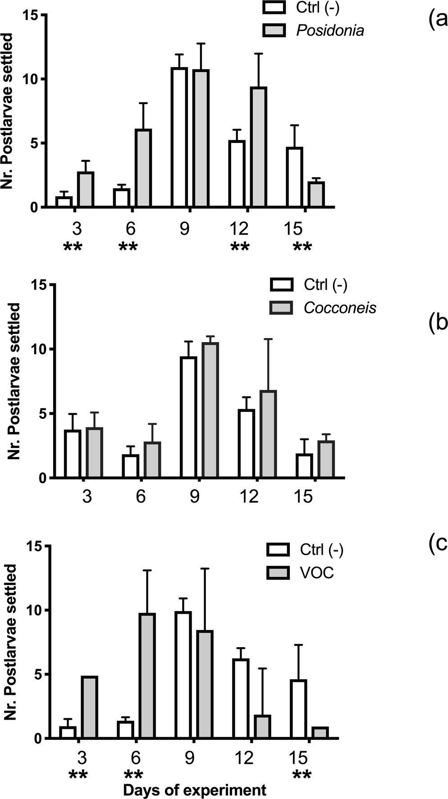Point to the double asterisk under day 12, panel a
[x=240, y=247]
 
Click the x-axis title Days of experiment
[x=195, y=790]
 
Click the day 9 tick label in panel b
[x=195, y=497]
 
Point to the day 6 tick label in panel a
[x=130, y=229]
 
